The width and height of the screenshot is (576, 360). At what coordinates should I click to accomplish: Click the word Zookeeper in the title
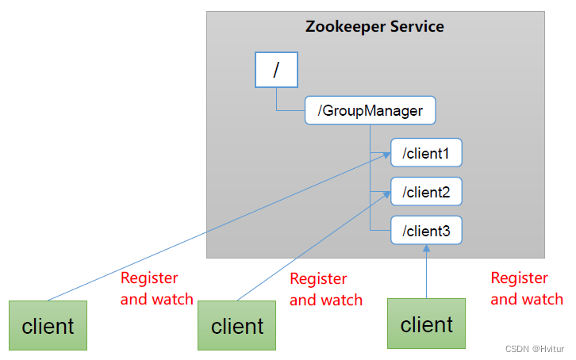coord(345,27)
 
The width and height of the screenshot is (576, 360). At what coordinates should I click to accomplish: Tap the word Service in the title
coord(417,26)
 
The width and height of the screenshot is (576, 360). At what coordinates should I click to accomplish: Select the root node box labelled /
coord(276,70)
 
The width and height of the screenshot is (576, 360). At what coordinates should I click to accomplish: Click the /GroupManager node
coord(370,110)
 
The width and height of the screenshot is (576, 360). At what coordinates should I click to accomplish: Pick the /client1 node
coord(426,153)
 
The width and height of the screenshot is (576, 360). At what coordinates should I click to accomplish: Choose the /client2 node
coord(426,192)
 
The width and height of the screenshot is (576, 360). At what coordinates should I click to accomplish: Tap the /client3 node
coord(426,230)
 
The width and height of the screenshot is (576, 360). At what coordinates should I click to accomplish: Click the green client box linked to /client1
coord(48,325)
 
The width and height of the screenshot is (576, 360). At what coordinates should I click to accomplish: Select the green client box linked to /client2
coord(236,325)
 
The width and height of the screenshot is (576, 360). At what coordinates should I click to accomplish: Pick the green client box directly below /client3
coord(426,324)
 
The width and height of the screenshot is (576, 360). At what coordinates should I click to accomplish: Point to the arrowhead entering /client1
coord(387,155)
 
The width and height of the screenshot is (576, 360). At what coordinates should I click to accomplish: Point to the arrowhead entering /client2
coord(387,194)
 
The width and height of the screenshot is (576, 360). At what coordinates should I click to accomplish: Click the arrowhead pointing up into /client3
coord(426,248)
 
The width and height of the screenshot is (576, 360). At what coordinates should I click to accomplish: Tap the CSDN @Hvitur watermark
coord(535,349)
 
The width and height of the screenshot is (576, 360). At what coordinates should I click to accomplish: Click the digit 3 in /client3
coord(446,232)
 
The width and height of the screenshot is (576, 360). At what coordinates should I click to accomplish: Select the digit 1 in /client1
coord(446,154)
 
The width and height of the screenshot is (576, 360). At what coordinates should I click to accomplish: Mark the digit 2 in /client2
coord(446,193)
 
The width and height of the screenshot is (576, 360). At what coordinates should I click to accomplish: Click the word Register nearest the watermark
coord(520,278)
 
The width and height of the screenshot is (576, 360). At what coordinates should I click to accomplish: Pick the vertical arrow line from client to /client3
coord(426,271)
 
